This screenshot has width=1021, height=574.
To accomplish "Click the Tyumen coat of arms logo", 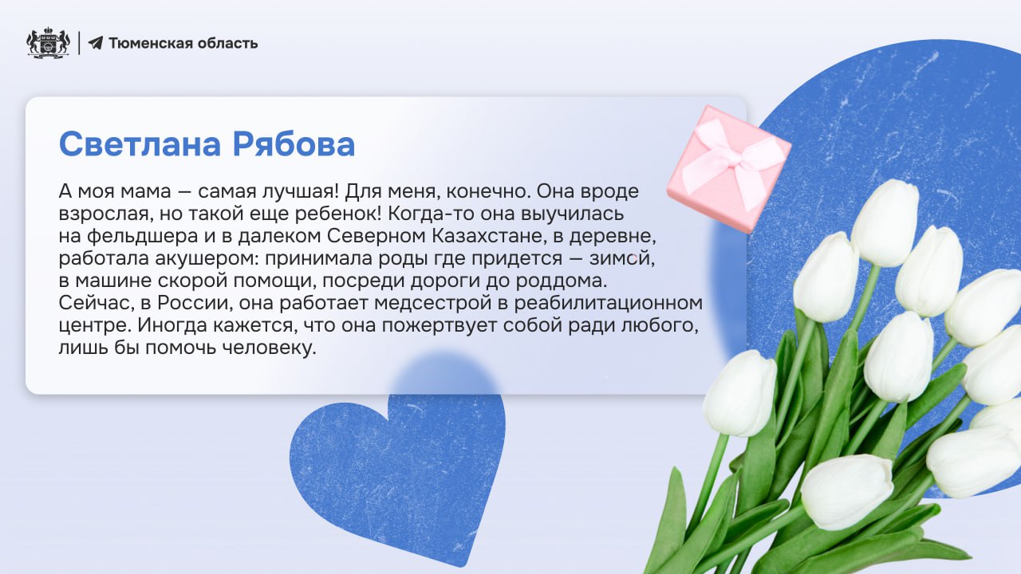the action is [48, 43].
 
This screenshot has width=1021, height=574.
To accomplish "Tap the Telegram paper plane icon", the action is [95, 43].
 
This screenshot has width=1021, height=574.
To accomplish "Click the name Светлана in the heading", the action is [140, 144].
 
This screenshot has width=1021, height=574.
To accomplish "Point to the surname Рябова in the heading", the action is [294, 144].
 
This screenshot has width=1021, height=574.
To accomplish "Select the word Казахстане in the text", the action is [488, 236].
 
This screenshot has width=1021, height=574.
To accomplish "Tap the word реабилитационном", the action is [609, 303].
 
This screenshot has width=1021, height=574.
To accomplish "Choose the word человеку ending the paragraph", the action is [270, 348].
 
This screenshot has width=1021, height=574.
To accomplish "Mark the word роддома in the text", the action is [562, 281].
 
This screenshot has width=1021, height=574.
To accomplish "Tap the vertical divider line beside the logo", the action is [79, 43].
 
